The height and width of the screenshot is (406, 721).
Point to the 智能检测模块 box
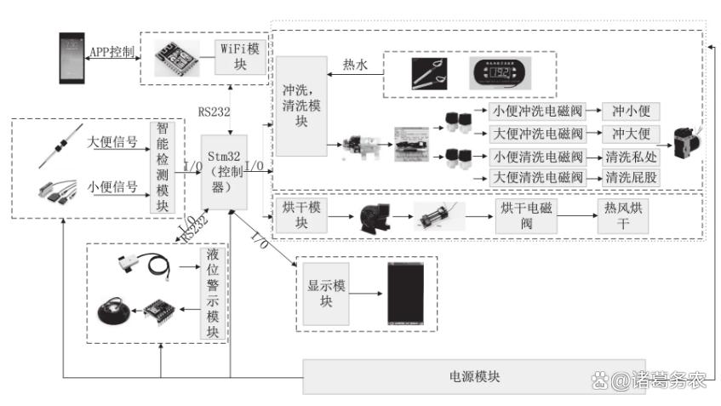162,166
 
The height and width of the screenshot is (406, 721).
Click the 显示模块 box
324,293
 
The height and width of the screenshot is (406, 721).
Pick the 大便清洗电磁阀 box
537,177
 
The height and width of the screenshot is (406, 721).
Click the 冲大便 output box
630,134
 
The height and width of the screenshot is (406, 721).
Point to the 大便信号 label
112,141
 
